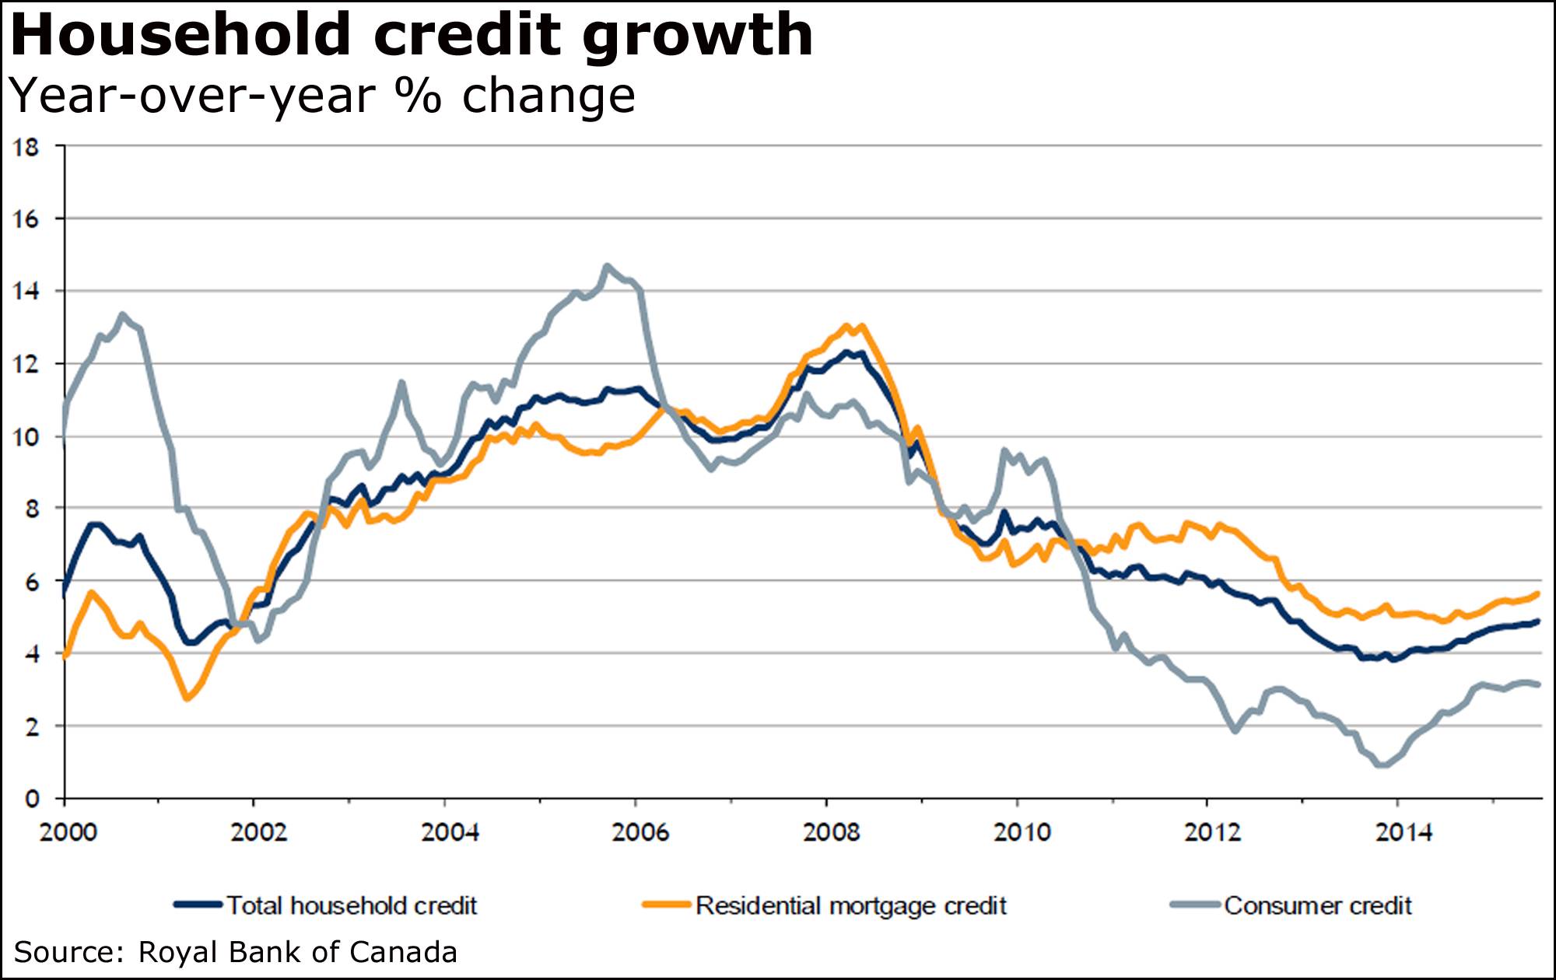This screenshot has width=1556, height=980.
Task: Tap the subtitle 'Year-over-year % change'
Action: coord(322,96)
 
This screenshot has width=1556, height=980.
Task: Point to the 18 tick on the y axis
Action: coord(26,147)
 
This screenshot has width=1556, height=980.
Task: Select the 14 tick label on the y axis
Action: coord(26,292)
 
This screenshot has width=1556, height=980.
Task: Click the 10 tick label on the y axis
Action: coord(26,437)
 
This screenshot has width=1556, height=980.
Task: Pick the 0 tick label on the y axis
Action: coord(31,799)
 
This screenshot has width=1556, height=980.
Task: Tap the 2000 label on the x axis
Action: coord(68,833)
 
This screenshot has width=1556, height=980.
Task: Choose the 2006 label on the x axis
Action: coord(640,833)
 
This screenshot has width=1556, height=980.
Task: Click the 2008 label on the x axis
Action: coord(831,833)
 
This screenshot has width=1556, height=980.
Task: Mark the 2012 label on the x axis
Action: coord(1212,833)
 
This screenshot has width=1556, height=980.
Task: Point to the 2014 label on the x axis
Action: coord(1403,833)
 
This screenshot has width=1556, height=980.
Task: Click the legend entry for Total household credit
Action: coord(351,906)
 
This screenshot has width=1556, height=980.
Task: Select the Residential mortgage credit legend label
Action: coord(850,906)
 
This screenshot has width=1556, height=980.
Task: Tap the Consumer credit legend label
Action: coord(1317,906)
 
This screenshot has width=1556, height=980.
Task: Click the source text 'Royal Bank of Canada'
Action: coord(297,953)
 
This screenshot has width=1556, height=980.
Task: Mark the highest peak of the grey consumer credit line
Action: coord(608,267)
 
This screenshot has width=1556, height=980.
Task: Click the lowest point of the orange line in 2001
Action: coord(187,698)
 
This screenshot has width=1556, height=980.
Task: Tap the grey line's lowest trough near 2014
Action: coord(1383,765)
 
